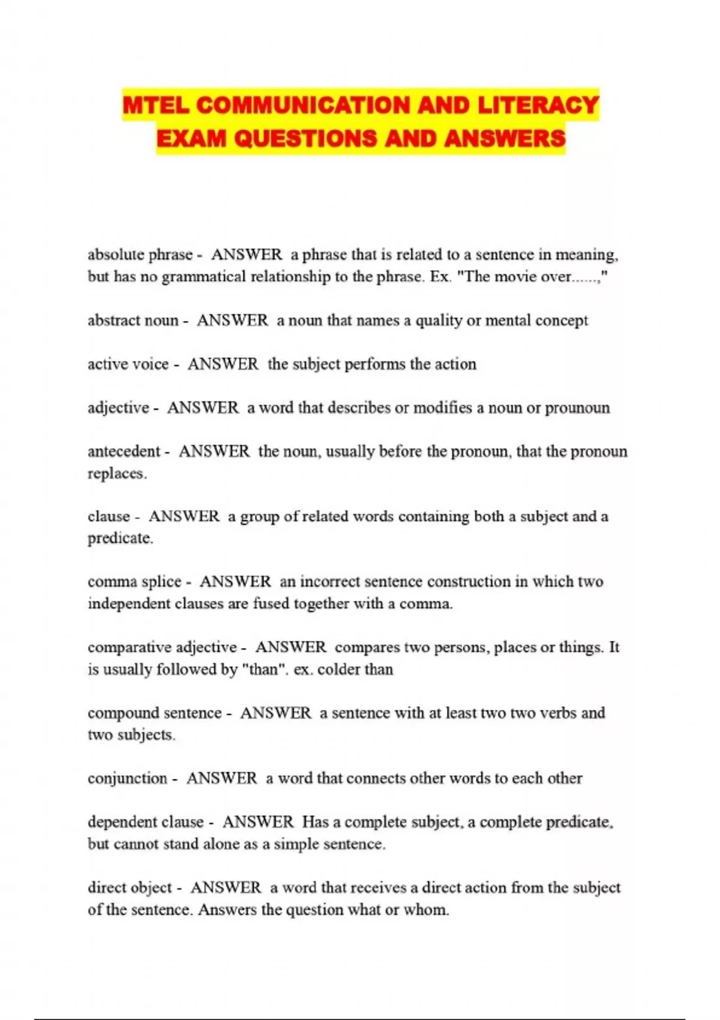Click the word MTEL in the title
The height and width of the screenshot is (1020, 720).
click(x=156, y=106)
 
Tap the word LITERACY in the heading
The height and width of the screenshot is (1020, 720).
click(x=538, y=106)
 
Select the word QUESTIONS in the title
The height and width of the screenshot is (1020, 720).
click(x=306, y=139)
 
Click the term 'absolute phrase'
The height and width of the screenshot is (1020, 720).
click(x=140, y=254)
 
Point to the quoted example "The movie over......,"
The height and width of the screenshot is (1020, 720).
click(x=533, y=277)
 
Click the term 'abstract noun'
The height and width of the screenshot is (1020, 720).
click(x=133, y=320)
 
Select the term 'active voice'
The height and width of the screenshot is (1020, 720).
click(x=128, y=364)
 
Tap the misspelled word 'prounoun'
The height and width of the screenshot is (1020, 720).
click(x=577, y=408)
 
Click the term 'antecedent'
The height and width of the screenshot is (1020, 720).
click(x=124, y=451)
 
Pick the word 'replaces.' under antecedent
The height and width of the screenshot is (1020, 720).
click(x=117, y=473)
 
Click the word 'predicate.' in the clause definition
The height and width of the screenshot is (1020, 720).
click(x=120, y=538)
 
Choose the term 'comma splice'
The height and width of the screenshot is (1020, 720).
click(x=134, y=581)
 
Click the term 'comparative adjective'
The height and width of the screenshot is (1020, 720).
click(x=162, y=647)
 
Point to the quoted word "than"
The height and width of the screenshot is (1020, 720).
click(x=263, y=670)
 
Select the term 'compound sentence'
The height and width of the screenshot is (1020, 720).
click(x=154, y=713)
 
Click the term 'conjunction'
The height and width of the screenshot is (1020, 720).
click(x=127, y=778)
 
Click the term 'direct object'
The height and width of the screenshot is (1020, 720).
click(x=130, y=887)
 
